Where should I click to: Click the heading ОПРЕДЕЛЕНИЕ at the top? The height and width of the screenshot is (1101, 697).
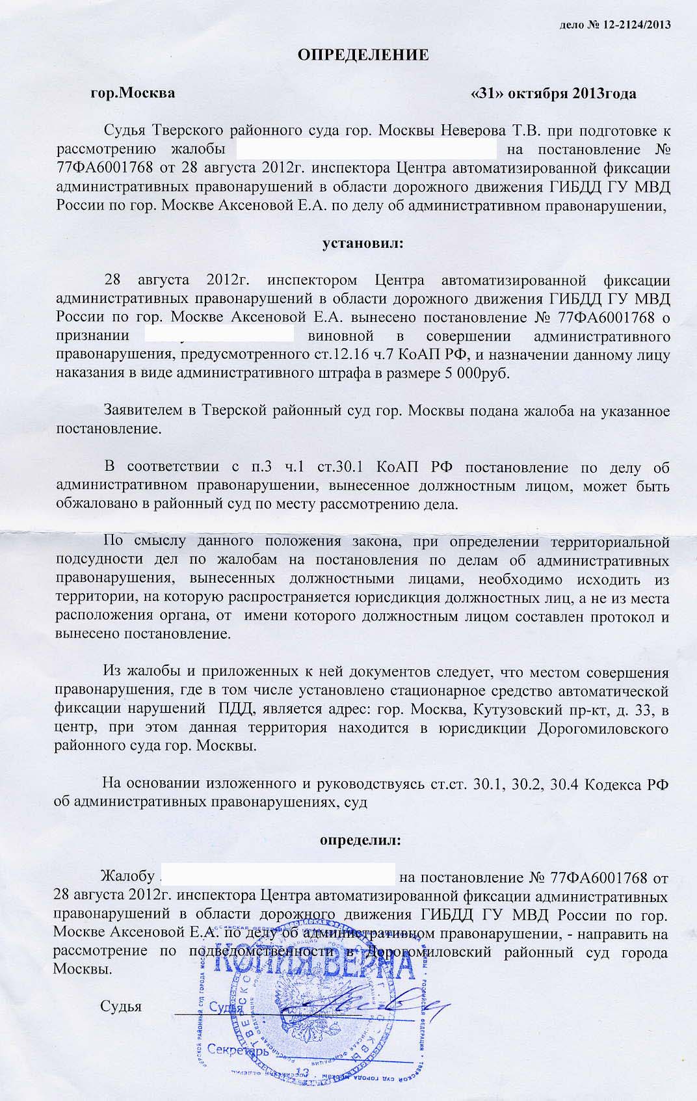363,55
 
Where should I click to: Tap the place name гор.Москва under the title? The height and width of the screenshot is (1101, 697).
133,93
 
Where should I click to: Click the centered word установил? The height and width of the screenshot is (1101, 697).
363,244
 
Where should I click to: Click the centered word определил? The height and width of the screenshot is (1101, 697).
360,840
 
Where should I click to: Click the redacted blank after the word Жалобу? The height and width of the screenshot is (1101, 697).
276,876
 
